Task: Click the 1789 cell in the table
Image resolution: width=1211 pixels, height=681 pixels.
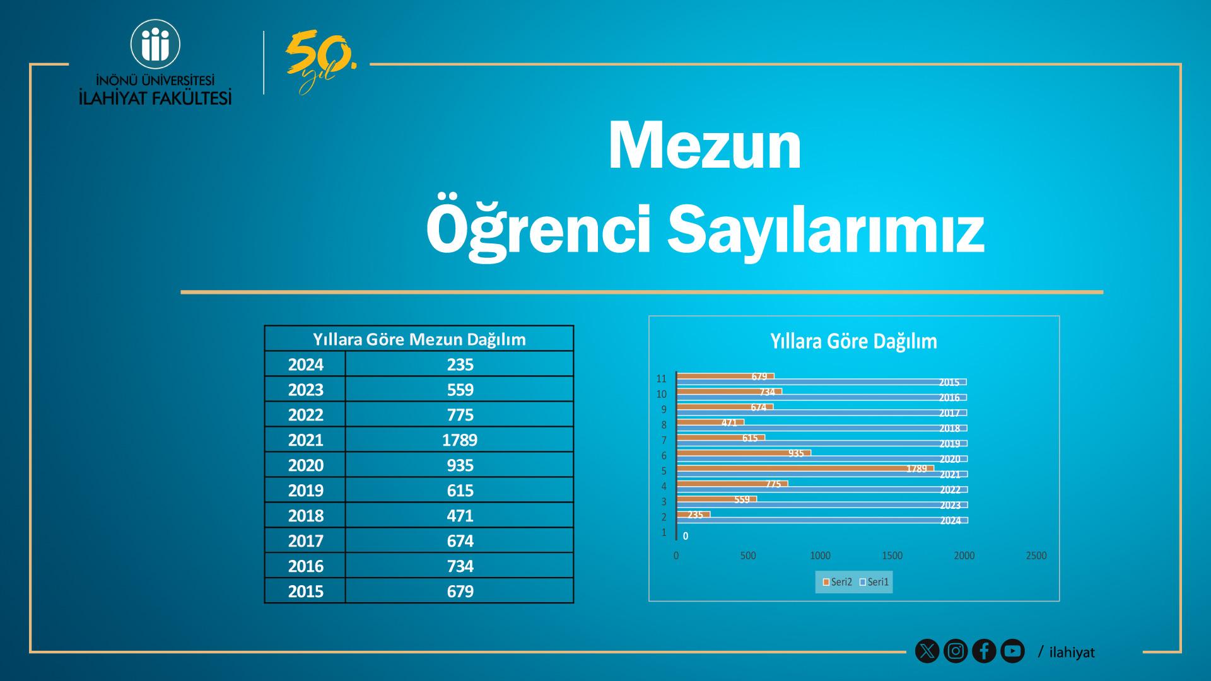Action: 460,439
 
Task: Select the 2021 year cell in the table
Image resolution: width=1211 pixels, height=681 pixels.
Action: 305,439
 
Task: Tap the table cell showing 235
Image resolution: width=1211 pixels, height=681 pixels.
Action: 460,364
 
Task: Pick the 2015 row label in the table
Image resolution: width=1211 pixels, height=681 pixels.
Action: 305,591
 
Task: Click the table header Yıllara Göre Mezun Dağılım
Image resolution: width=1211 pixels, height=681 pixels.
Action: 419,339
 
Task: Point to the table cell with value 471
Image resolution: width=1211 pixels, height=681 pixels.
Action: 460,515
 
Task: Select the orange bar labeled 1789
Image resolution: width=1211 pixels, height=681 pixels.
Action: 805,469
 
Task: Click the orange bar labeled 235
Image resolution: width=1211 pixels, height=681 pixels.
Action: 693,515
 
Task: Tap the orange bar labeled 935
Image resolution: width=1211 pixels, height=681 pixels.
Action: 744,453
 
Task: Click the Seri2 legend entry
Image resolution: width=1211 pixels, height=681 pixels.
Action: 837,582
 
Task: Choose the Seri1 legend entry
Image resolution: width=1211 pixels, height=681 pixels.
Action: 874,582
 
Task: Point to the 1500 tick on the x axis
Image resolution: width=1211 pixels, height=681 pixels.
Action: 892,556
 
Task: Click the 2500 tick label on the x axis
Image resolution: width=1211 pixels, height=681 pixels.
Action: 1036,556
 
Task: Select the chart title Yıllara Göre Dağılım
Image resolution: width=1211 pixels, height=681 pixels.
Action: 853,341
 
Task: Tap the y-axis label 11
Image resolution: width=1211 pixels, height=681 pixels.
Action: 661,379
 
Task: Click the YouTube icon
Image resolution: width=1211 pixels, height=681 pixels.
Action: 1012,651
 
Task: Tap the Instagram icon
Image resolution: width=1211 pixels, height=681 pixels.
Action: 956,651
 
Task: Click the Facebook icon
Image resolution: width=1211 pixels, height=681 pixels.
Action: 984,651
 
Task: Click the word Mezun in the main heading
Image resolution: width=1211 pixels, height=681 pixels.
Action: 705,146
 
